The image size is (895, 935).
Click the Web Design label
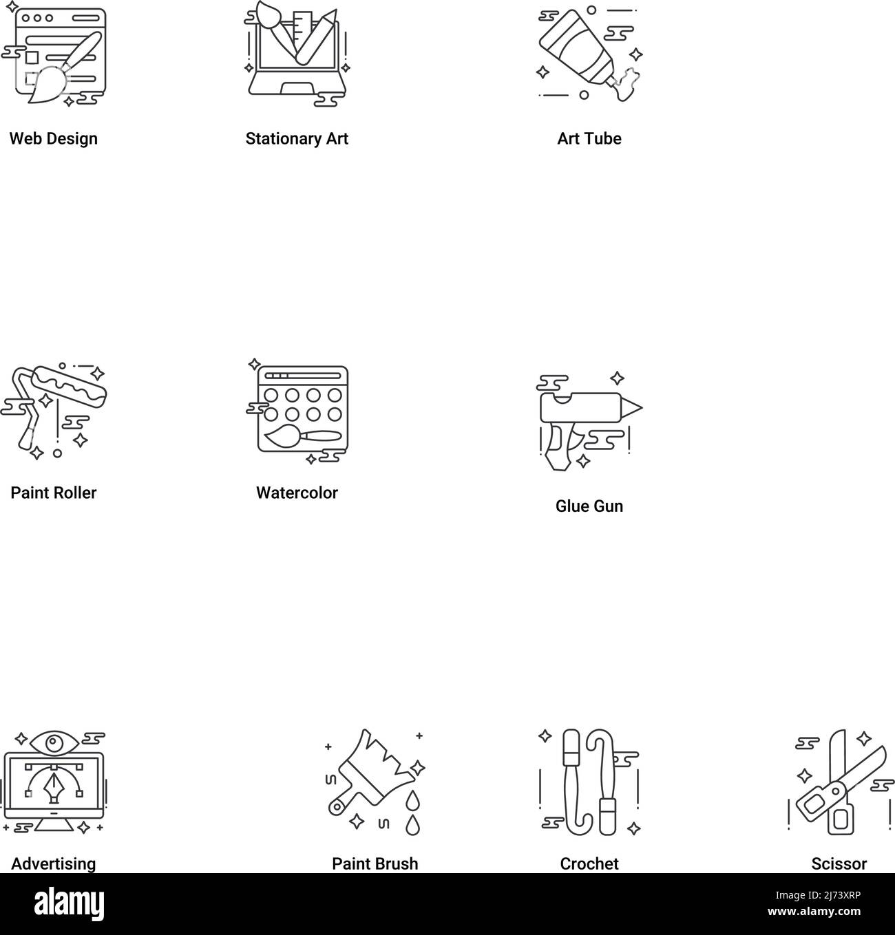tap(53, 139)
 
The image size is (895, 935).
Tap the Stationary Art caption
tap(297, 139)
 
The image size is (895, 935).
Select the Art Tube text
tap(589, 139)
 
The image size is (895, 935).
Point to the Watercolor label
tap(297, 493)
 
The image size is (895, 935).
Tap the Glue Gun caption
tap(589, 506)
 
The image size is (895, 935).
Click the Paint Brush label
tap(375, 864)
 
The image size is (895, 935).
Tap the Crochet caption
tap(589, 864)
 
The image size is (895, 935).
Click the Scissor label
tap(839, 864)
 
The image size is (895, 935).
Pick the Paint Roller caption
tap(53, 493)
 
